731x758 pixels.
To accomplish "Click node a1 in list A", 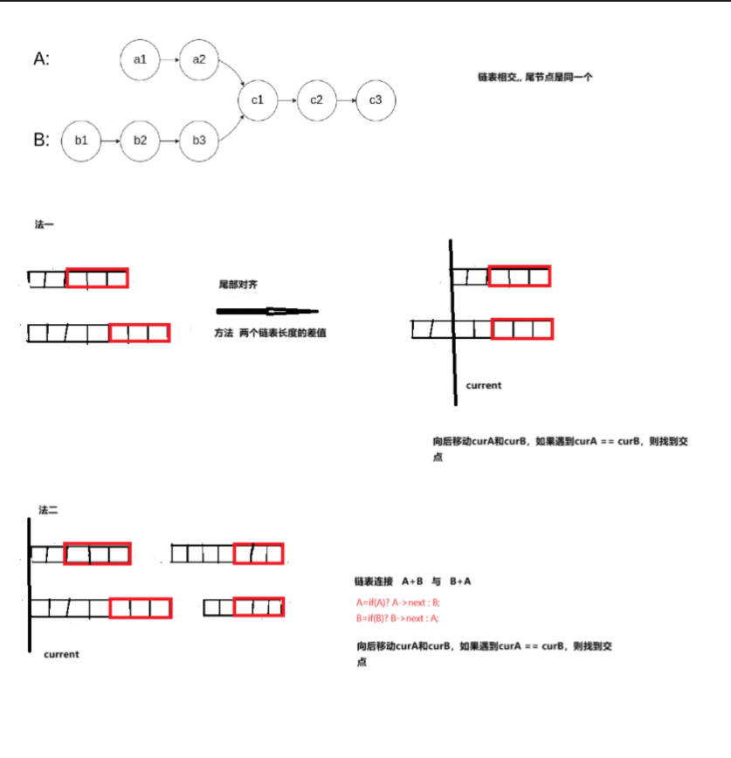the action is [141, 59].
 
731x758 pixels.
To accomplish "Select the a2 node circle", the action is [199, 59].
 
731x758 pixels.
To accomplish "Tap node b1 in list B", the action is [81, 140].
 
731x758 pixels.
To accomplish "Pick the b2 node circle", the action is [141, 140].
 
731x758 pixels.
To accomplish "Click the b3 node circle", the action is [199, 140].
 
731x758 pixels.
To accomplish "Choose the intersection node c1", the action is [258, 100].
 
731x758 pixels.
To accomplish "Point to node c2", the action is [316, 100].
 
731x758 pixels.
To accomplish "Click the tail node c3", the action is [376, 100].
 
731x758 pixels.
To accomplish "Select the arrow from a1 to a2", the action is [169, 59].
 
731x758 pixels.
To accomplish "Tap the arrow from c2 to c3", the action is [346, 100].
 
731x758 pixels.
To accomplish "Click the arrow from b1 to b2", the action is [111, 140].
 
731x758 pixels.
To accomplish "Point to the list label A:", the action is [42, 59].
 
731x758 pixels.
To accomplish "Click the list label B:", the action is [42, 140].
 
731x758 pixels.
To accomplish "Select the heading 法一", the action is [45, 225].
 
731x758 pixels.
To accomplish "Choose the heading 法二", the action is [48, 509].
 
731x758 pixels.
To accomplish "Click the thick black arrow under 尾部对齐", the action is [266, 311].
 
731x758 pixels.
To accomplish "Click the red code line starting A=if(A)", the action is [397, 603].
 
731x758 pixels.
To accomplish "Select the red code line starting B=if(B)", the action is [397, 618].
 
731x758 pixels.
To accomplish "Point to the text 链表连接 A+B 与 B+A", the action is [413, 581].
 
